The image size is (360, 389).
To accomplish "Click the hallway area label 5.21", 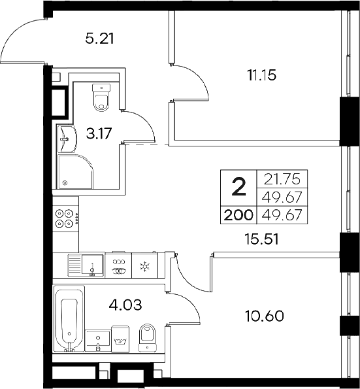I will pos(100,39).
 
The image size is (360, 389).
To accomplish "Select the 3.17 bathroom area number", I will pos(100,134).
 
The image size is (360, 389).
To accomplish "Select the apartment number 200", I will pos(238,214).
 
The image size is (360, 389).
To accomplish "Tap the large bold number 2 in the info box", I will pos(239,187).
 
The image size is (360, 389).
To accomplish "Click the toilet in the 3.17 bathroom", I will pos(102,97).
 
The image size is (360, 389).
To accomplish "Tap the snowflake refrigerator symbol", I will pos(144,265).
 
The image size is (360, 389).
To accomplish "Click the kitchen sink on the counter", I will pos(92,265).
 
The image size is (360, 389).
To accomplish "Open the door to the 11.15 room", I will pos(191,82).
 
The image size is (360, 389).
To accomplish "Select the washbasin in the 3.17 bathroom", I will pos(66,138).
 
